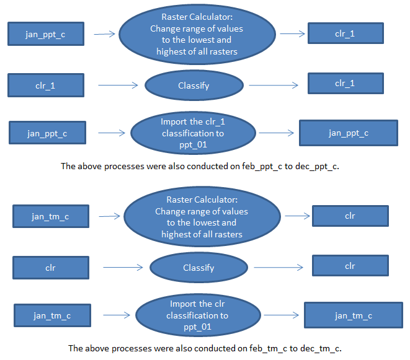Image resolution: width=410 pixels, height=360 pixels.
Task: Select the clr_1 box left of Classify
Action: (x=45, y=85)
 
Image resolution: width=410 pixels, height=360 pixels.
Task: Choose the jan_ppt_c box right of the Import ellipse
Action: (x=348, y=133)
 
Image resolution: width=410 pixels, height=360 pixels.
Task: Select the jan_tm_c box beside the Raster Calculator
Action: (x=50, y=216)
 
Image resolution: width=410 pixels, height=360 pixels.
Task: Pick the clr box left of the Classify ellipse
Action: (x=50, y=268)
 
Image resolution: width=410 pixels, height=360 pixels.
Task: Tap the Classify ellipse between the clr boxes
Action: (x=198, y=268)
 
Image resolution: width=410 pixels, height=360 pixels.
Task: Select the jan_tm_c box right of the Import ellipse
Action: (x=353, y=315)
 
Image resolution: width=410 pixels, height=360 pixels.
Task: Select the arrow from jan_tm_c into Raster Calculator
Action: (x=109, y=216)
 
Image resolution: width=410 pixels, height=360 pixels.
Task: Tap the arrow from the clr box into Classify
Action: (x=124, y=268)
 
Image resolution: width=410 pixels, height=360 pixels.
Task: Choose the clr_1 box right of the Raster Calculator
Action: (x=345, y=33)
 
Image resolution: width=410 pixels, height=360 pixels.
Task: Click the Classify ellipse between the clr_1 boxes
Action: (x=194, y=86)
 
